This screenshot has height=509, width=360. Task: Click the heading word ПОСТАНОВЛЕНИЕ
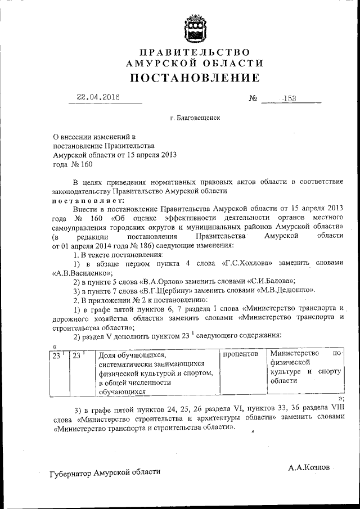point(195,78)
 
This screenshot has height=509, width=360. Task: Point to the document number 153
point(289,98)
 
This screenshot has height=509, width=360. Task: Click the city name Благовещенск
point(197,119)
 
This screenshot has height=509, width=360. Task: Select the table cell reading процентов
point(241,355)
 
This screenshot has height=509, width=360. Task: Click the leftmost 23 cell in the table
point(57,355)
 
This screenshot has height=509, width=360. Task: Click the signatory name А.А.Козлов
point(309,467)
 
